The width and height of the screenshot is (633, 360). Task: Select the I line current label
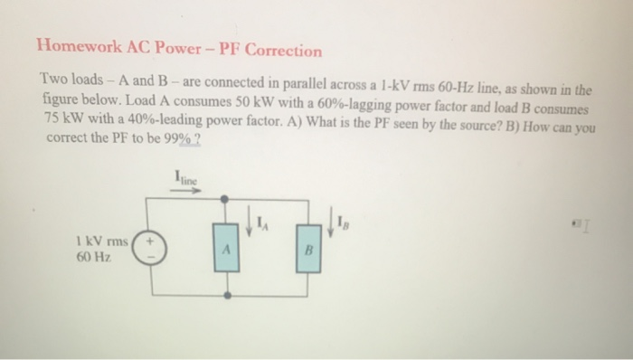click(x=184, y=179)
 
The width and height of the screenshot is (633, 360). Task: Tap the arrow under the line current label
click(x=184, y=192)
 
